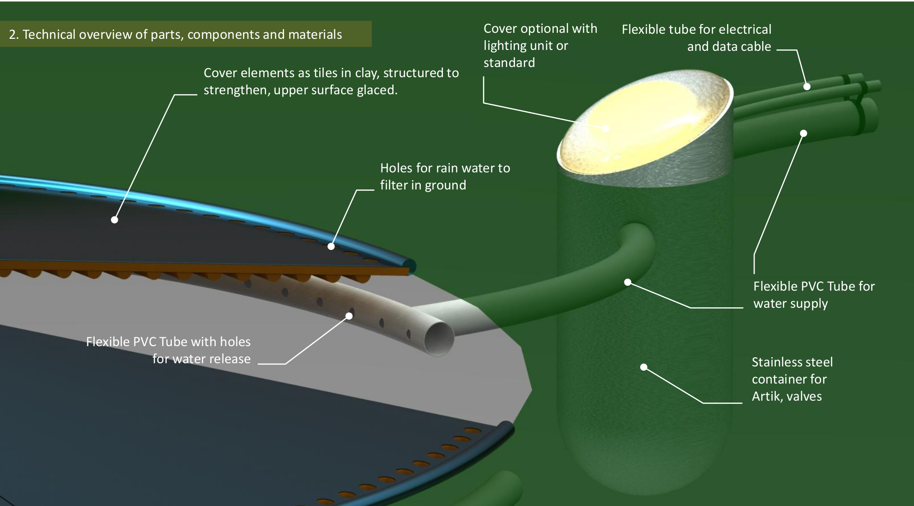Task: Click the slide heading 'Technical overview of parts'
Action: click(176, 34)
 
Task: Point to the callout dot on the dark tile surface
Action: click(115, 219)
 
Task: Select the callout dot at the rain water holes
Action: click(331, 246)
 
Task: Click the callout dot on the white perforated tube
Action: click(349, 316)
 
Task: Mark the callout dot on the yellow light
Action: click(605, 128)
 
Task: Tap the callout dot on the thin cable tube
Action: click(807, 86)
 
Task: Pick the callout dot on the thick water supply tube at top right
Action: click(804, 134)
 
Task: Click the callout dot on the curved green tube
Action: click(628, 282)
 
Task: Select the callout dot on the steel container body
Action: click(644, 367)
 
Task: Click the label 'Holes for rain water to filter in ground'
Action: click(445, 177)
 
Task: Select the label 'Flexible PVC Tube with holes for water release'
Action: click(169, 350)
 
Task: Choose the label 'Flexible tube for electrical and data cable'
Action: click(696, 38)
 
